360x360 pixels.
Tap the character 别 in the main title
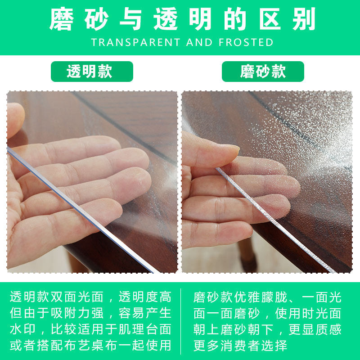(301, 19)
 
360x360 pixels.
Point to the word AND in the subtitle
(200, 42)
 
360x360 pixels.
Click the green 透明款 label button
(92, 72)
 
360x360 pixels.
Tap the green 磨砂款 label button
(263, 72)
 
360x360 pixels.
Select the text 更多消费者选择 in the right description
(240, 346)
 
